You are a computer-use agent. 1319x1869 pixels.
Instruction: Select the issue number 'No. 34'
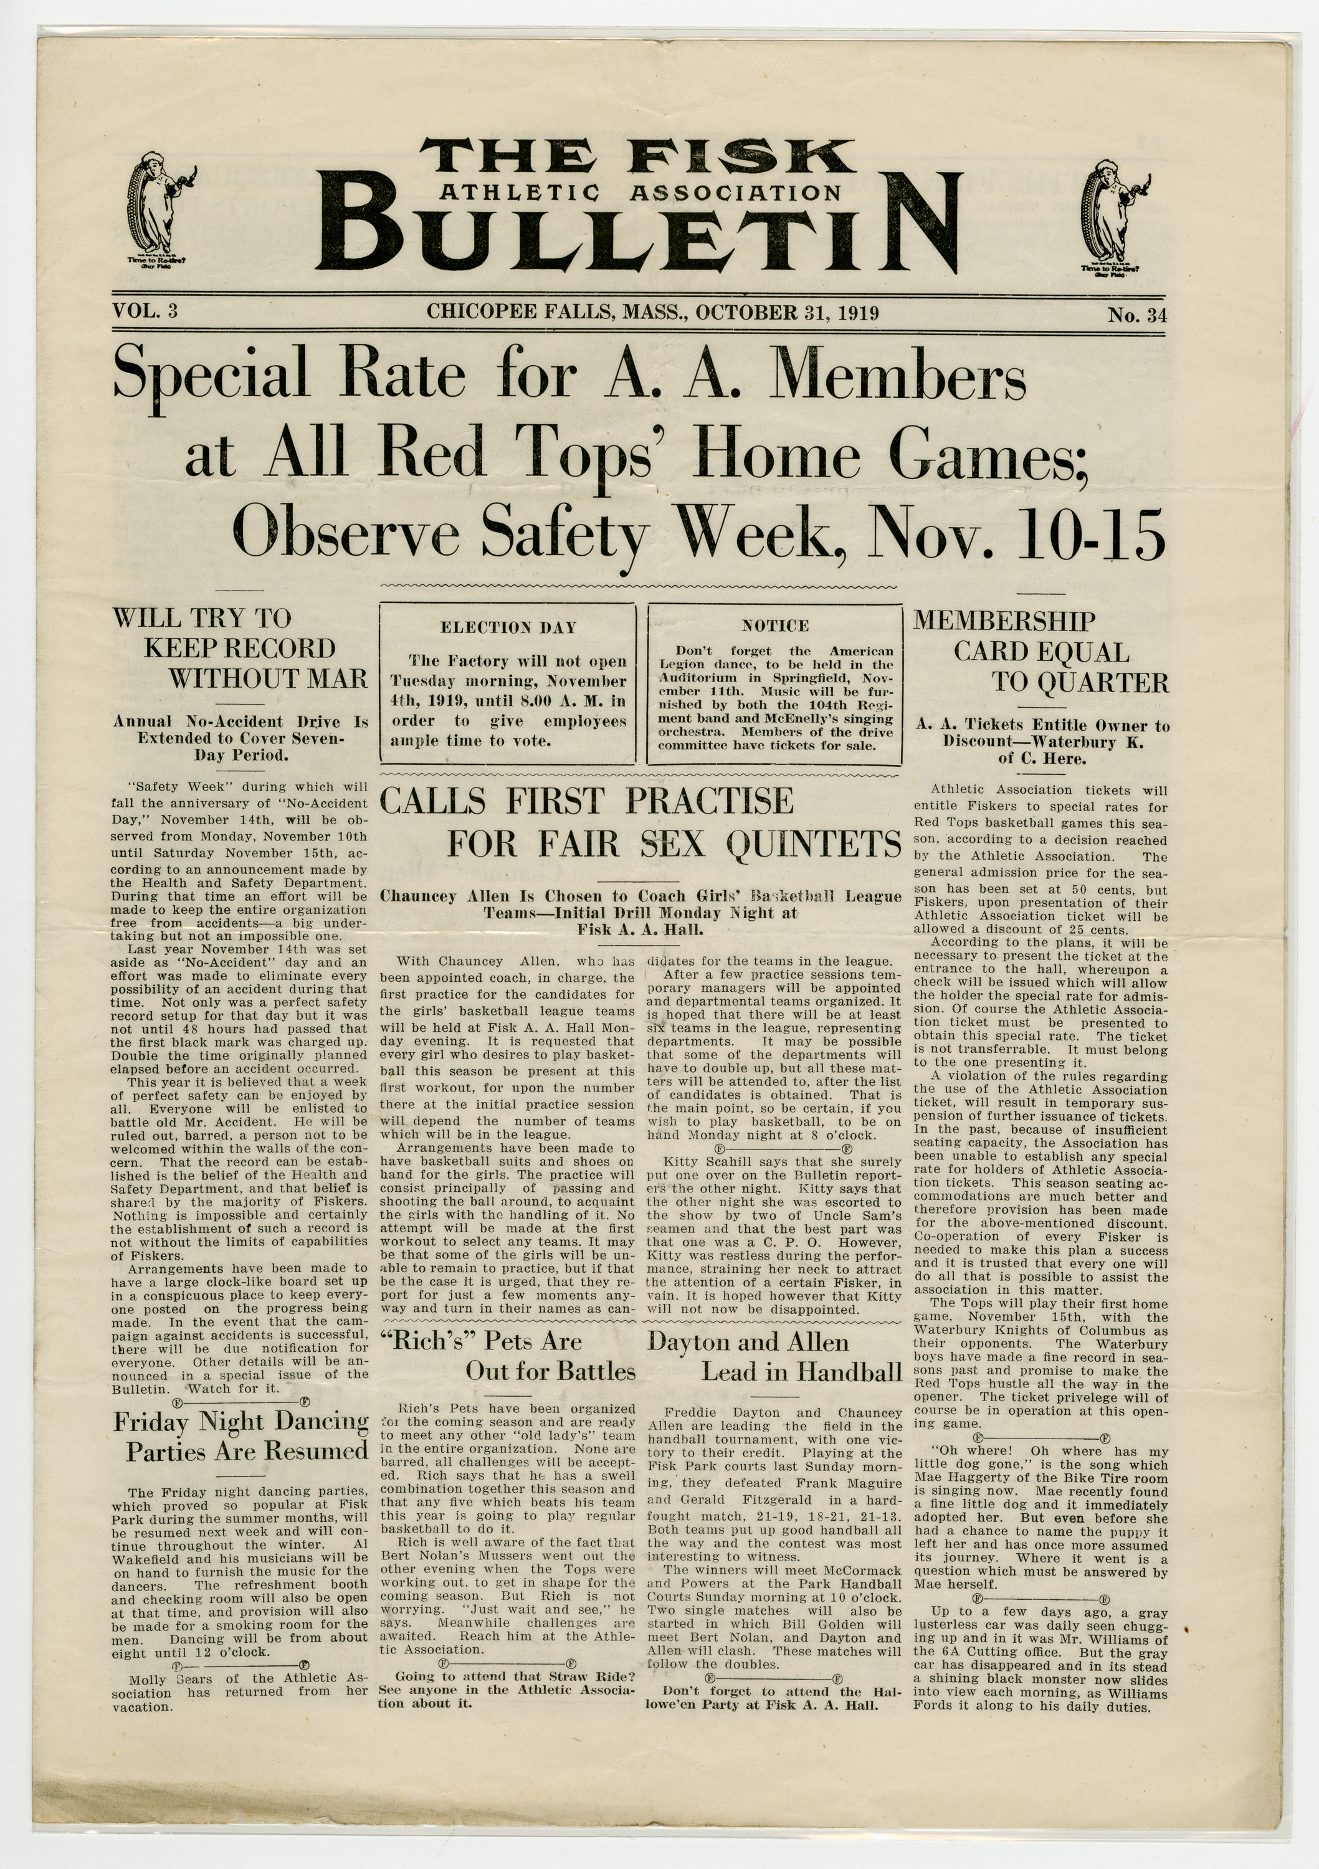tap(1136, 315)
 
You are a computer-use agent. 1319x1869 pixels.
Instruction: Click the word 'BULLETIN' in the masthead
tap(643, 235)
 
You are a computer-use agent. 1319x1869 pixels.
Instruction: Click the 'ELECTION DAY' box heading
tap(508, 627)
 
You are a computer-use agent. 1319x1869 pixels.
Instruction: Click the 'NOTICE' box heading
tap(775, 626)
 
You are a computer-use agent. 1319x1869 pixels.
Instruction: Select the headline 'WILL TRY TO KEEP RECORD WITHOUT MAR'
tap(240, 649)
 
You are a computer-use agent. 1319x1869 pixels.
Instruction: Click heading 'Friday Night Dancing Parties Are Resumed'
tap(241, 1437)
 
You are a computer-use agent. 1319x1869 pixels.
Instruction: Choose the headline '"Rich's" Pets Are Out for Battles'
tap(508, 1356)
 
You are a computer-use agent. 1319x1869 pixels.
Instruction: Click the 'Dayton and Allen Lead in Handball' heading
tap(775, 1357)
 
